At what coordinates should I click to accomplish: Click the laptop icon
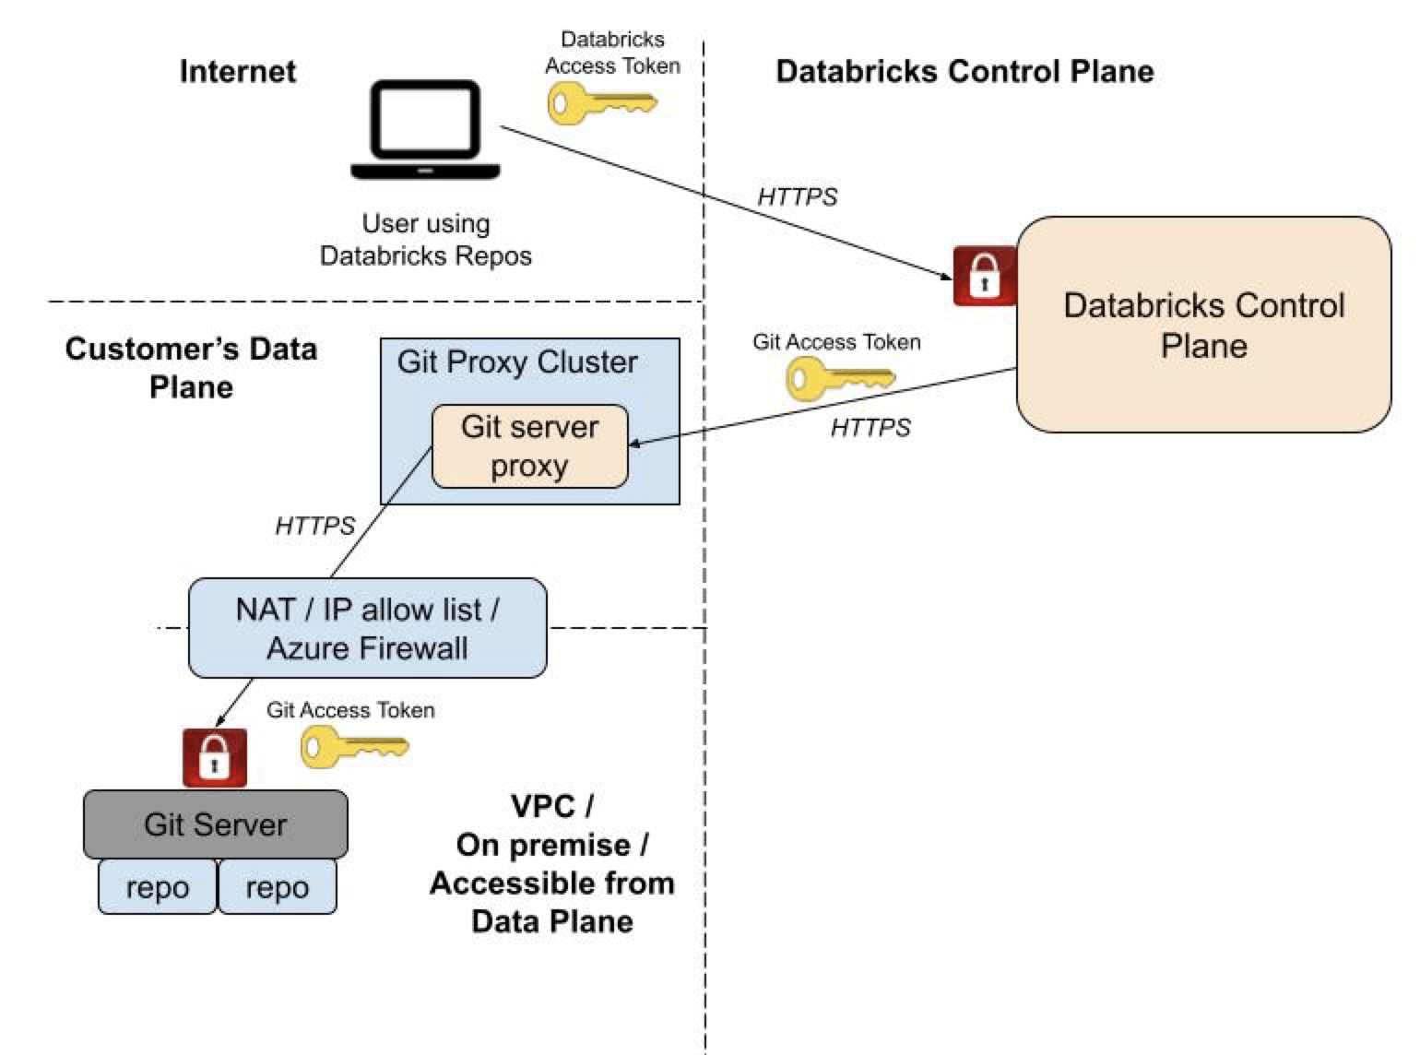point(425,130)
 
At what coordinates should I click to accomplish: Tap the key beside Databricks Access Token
point(601,103)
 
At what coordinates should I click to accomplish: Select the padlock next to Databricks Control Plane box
point(984,275)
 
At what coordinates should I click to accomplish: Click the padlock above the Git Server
point(215,757)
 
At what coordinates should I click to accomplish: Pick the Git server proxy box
point(530,446)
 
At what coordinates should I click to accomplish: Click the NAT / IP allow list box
point(367,628)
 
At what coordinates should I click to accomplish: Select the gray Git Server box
point(215,824)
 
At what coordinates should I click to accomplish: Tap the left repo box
point(157,887)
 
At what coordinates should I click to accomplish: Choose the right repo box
point(277,887)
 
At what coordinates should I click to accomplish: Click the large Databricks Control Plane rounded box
point(1203,325)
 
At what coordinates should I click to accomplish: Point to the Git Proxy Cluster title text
point(516,362)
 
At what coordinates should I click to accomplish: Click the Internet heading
point(238,71)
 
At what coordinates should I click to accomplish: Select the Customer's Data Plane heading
point(191,367)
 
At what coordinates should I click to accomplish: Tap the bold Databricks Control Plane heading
point(964,71)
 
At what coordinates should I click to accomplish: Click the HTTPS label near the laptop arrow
point(797,196)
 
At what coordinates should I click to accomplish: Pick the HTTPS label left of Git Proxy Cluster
point(314,526)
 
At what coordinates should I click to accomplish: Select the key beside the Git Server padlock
point(354,746)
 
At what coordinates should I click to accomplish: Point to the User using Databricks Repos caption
point(425,239)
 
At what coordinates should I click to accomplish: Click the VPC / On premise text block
point(551,863)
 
